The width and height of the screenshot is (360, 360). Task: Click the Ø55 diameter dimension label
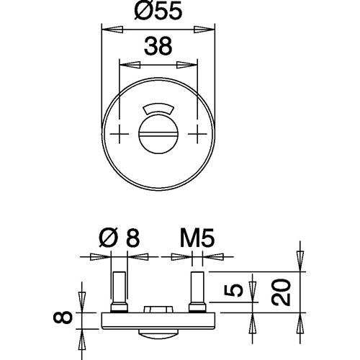tap(158, 12)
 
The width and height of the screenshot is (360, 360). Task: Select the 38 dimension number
tap(158, 45)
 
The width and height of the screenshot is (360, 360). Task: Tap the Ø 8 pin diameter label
tap(120, 238)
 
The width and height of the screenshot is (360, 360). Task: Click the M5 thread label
tap(197, 238)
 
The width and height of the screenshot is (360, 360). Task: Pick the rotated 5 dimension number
tap(233, 290)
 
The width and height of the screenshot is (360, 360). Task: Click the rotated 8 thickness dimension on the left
tap(63, 318)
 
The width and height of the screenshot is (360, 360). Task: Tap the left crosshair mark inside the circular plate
tap(120, 134)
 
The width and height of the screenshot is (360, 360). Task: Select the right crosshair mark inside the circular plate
tap(197, 134)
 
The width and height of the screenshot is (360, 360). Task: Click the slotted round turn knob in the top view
tap(158, 134)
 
